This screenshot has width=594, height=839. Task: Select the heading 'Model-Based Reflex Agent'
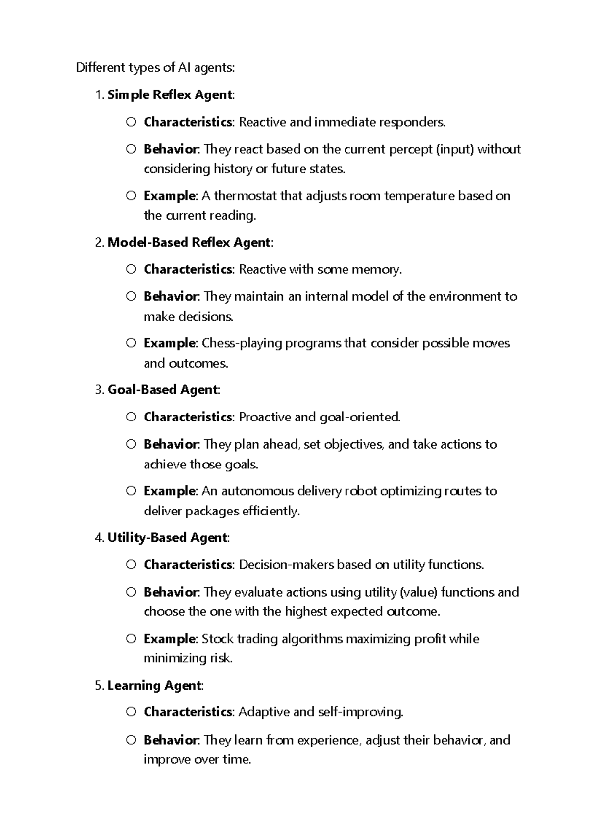pos(189,242)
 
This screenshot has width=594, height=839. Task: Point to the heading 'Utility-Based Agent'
pos(167,537)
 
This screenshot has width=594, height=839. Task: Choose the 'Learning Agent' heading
pos(154,685)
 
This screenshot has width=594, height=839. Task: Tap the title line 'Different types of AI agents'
pos(155,68)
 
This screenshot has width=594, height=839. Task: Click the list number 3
pos(99,390)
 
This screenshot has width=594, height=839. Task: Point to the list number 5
pos(99,685)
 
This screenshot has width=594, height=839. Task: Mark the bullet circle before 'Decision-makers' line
pos(131,564)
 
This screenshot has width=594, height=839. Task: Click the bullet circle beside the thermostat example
pos(131,196)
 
